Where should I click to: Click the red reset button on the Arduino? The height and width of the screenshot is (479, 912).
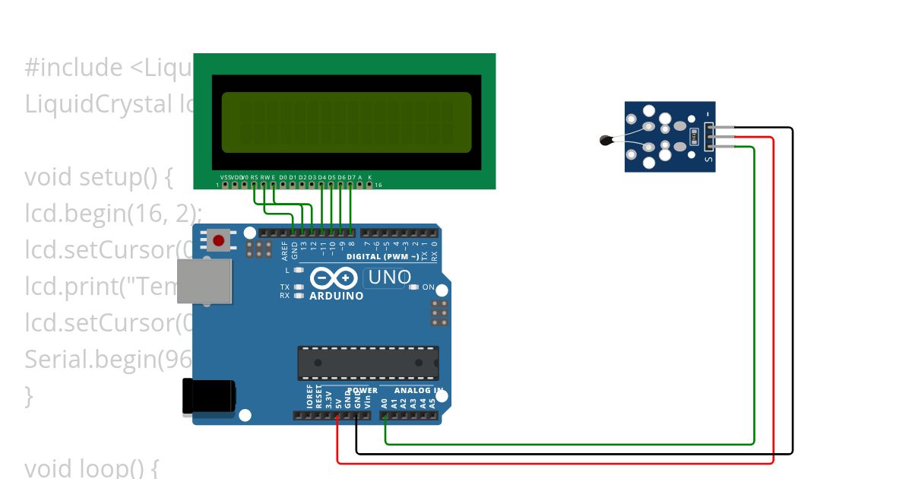tap(219, 241)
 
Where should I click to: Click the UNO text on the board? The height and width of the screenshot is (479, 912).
tap(390, 278)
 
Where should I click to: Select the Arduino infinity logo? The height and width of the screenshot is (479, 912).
tap(329, 278)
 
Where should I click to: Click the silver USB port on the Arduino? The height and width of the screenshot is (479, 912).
tap(204, 281)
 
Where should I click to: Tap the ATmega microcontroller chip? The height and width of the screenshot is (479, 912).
tap(368, 363)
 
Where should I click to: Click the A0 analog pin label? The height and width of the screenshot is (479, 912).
tap(385, 403)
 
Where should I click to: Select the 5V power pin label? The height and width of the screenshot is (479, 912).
tap(338, 403)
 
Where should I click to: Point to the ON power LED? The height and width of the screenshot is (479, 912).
tap(414, 287)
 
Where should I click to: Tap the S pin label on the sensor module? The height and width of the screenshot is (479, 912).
tap(708, 159)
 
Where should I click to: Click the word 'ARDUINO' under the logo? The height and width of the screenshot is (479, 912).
tap(336, 296)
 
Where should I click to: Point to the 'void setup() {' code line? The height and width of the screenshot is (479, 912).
tap(100, 177)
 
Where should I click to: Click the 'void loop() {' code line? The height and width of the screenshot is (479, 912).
tap(91, 467)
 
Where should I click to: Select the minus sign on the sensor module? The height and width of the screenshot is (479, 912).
tap(708, 114)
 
